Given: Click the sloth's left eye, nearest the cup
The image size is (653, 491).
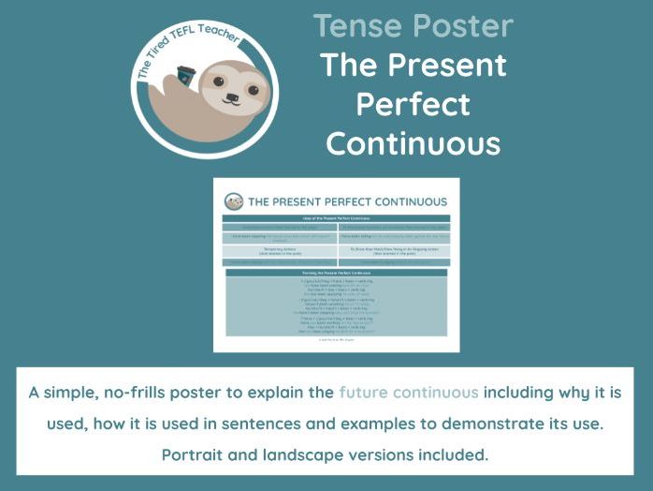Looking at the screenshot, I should (217, 82).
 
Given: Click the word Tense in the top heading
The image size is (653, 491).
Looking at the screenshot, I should (359, 25).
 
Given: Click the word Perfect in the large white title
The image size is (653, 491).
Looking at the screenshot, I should (413, 104).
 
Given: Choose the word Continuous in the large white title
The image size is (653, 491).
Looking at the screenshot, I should (413, 143).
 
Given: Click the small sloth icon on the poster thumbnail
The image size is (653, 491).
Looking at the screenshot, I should (234, 201).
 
